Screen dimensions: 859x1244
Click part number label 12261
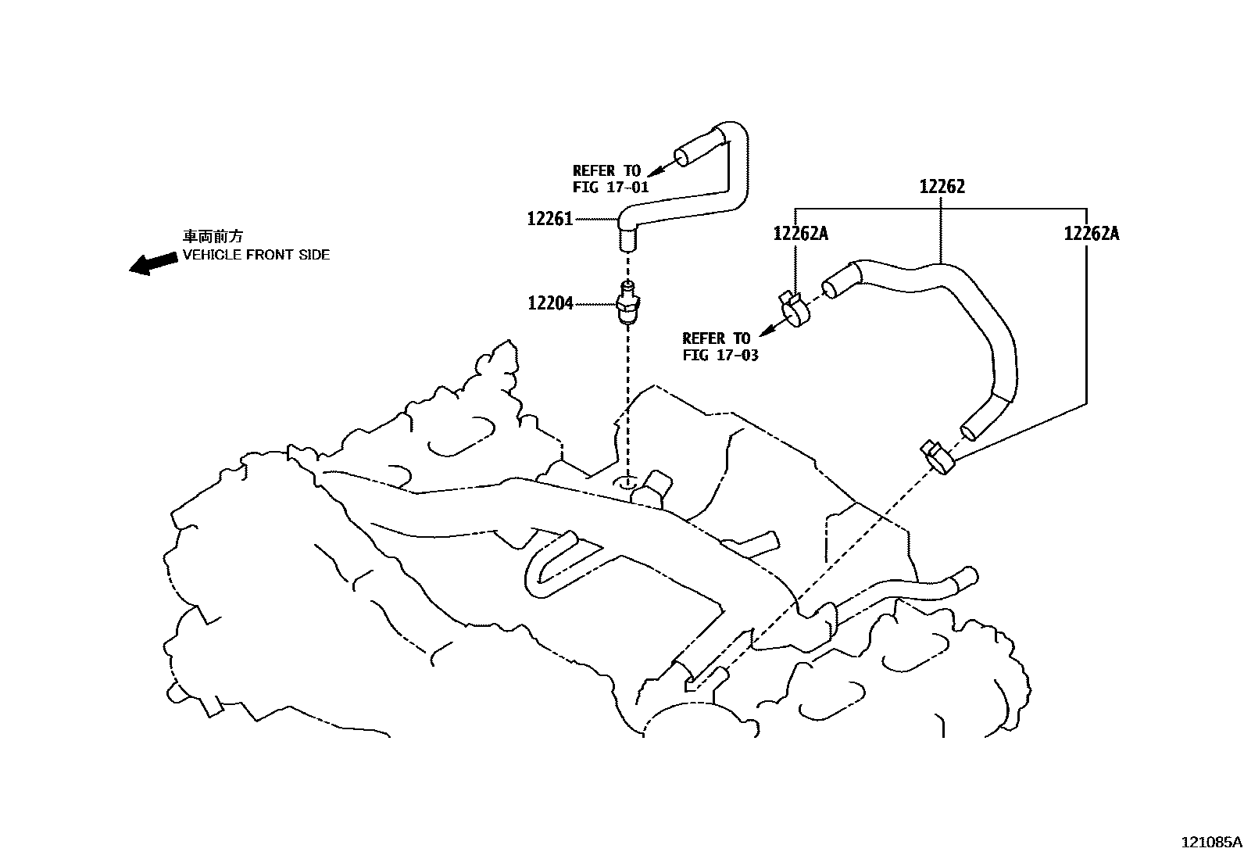550,220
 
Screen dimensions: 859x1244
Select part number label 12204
550,303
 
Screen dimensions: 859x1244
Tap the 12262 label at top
942,187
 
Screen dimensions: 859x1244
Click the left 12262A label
800,233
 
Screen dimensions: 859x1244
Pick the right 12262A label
1091,233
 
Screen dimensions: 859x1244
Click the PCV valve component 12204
627,303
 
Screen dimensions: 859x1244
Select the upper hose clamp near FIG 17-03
795,309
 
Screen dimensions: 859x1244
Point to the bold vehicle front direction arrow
153,263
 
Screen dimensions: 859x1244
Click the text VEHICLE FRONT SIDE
256,255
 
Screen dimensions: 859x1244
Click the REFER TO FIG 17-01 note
609,179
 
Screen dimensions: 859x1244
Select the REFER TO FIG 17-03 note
720,346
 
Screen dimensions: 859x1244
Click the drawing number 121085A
1210,843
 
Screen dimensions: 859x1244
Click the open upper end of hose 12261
682,157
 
